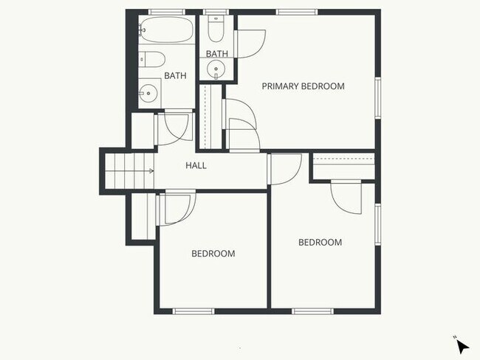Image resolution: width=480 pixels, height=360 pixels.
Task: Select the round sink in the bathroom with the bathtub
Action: pyautogui.click(x=148, y=93)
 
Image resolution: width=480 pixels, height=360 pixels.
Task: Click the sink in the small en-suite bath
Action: pyautogui.click(x=216, y=70)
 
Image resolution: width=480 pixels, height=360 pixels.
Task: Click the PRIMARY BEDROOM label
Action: pyautogui.click(x=303, y=86)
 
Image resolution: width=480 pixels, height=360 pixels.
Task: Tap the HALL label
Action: pyautogui.click(x=196, y=165)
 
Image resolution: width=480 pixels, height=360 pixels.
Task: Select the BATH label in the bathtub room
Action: pyautogui.click(x=175, y=75)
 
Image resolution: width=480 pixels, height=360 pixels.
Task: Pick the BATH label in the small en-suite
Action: pyautogui.click(x=217, y=53)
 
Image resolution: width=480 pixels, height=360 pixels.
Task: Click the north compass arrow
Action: pyautogui.click(x=461, y=345)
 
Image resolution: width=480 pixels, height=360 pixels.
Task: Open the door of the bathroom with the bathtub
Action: pyautogui.click(x=176, y=125)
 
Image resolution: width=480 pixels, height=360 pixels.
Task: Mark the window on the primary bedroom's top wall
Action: pyautogui.click(x=297, y=11)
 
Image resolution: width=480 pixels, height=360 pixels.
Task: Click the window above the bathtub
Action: pyautogui.click(x=167, y=11)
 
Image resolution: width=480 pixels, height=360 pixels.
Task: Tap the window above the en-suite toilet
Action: pyautogui.click(x=216, y=11)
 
